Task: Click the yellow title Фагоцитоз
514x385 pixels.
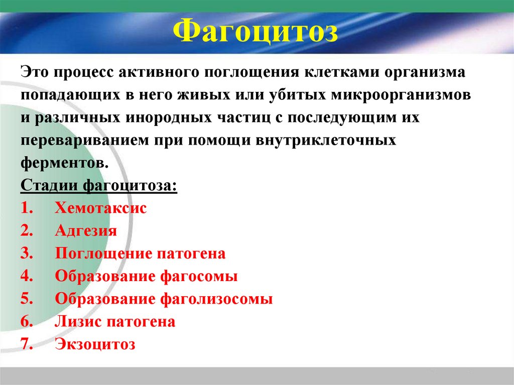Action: [256, 32]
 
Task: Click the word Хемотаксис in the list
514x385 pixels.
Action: [101, 208]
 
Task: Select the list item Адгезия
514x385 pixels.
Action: [86, 231]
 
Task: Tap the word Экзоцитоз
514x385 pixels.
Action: [95, 345]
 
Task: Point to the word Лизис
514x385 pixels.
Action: [78, 322]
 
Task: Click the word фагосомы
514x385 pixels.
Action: [199, 277]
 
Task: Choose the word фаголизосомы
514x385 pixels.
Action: [217, 300]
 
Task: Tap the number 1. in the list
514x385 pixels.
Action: [27, 208]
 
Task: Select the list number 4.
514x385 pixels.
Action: [27, 277]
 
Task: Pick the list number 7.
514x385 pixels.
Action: [27, 345]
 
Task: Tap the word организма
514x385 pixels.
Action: [425, 72]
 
